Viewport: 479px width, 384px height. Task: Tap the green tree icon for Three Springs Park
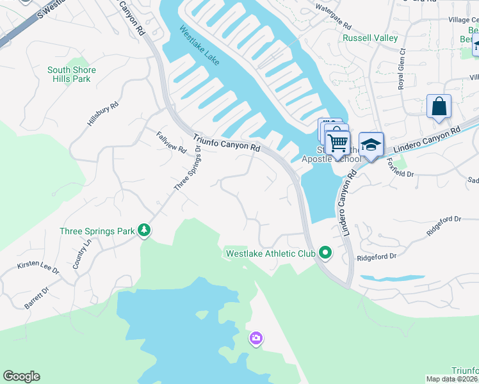145,230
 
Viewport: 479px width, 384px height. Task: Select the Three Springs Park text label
97,231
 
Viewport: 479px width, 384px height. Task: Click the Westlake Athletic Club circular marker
325,253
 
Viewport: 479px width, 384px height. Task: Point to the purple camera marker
256,337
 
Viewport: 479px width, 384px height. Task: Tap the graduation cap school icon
371,145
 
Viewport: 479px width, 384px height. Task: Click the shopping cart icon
337,141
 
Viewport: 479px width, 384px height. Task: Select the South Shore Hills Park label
72,74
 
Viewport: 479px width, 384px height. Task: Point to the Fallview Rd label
171,142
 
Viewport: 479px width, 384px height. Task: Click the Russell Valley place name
369,38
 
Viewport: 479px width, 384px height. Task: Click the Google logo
21,376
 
